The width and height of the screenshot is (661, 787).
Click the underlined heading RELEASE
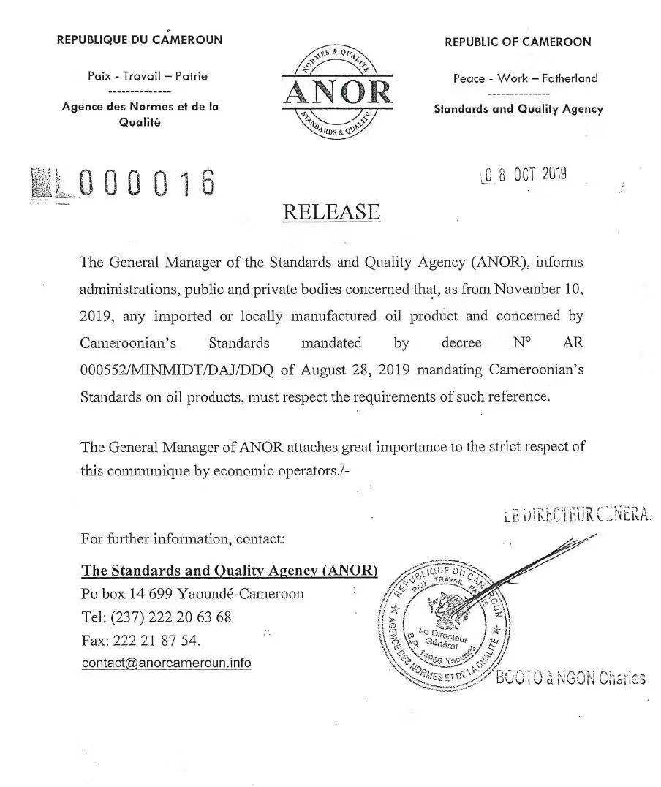331,211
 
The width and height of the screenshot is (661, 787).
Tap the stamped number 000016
147,183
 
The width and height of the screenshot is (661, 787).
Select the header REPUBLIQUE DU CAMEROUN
140,39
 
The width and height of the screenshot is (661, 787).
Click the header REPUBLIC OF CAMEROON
518,42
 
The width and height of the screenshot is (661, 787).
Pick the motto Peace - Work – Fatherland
525,78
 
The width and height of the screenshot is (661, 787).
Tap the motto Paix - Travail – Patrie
148,75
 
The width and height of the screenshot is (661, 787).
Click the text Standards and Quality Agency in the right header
518,108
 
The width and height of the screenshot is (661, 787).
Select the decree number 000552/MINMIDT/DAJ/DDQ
176,369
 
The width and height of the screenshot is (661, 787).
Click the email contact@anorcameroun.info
166,663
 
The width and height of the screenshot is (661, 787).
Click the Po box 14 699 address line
192,593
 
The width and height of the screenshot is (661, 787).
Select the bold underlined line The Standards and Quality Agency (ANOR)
230,571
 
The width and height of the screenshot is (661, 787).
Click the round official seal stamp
439,624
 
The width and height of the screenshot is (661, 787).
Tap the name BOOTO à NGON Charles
570,678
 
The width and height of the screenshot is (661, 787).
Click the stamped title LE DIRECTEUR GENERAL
577,515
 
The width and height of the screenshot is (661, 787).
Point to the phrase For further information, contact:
183,539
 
